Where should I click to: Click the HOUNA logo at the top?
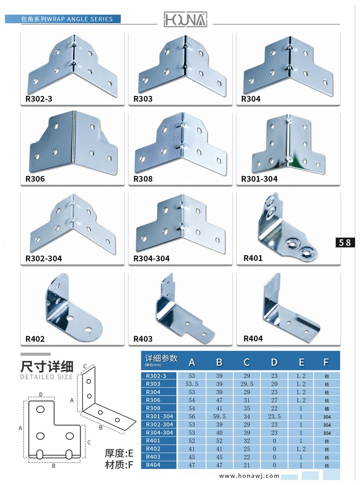coord(185,19)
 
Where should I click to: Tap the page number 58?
coord(345,242)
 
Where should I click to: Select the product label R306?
coord(35,179)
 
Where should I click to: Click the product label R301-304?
coord(259,179)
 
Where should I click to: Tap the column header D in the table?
coord(274,361)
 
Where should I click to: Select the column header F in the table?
coord(326,361)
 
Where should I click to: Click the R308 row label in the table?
coord(153,408)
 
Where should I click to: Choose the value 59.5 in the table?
coord(219,416)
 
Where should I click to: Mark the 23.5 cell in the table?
coord(274,416)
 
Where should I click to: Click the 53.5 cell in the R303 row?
coord(192,384)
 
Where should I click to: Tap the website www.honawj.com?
coord(249,476)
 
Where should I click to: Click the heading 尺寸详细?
coord(47,367)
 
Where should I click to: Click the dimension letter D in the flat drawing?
coord(41,394)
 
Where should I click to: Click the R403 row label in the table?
coord(153,457)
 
